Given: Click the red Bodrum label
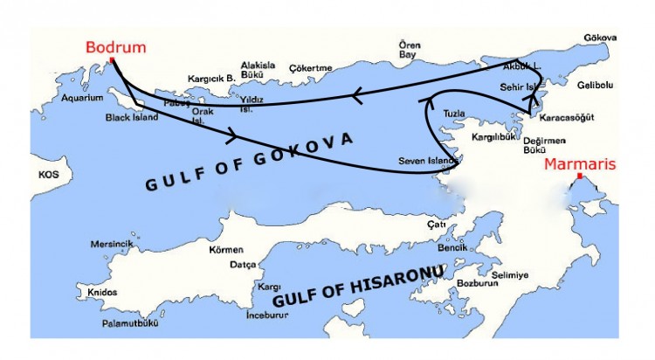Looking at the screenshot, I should coord(116,47).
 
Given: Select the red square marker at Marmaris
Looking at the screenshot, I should coord(579,177).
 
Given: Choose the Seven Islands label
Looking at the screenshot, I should coord(423,161).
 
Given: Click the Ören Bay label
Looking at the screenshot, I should coord(410,49).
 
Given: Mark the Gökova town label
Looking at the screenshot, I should coord(603,38).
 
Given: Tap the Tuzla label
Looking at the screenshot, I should coord(454,114).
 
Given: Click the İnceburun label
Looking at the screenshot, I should coord(265,314).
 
